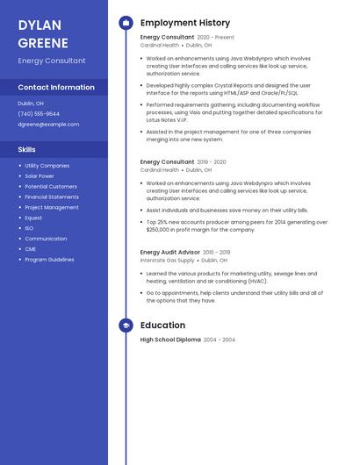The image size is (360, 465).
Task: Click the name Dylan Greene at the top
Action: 42,33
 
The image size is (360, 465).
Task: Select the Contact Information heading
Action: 56,87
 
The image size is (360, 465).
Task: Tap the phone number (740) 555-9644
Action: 39,113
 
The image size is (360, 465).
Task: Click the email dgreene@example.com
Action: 48,124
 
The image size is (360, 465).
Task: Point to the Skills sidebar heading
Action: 26,149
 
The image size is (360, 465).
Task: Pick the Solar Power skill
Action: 40,175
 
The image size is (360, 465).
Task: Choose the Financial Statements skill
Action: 52,197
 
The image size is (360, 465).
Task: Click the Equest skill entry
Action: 33,218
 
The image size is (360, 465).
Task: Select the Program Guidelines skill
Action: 49,260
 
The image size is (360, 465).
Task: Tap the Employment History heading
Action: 185,23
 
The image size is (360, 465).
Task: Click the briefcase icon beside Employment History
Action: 126,23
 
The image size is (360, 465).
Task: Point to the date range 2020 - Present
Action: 216,38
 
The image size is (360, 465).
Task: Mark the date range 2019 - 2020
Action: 212,162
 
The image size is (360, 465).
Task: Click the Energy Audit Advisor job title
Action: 170,252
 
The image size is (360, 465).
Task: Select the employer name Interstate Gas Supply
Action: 168,261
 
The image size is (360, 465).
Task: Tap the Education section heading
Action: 162,325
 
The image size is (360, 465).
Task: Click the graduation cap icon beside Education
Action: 126,325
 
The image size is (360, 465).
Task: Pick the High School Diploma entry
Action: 170,340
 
